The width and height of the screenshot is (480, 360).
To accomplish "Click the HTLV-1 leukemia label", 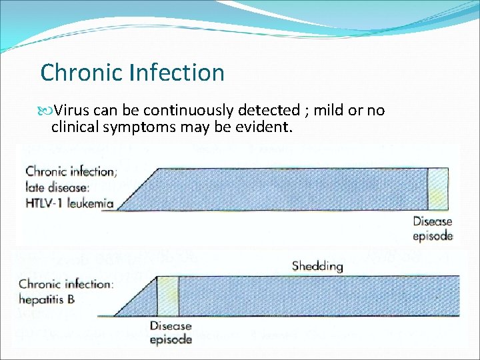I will pos(69,203).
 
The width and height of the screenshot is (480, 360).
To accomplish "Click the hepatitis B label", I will pos(47,300).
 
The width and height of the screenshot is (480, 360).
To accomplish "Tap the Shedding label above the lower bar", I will pos(317,266).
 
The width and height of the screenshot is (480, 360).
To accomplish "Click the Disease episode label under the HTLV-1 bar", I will pos(433,229).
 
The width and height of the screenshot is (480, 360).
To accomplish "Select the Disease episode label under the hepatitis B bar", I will pos(171,332).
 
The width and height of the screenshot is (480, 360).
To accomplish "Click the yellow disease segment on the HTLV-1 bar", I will pos(437,189).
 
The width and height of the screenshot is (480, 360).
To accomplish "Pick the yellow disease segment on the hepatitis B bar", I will pos(168,296).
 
